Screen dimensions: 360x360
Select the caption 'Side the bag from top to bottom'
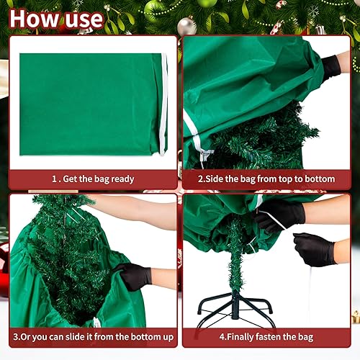coord(266,179)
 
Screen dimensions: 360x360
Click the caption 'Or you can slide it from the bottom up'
coord(92,336)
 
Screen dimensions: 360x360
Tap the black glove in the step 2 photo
coord(332,66)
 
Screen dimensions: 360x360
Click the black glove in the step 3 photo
coord(132,276)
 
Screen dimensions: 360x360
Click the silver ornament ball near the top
coord(186,27)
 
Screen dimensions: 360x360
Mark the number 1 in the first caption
coord(54,179)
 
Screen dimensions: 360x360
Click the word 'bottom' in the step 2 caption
coord(318,179)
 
